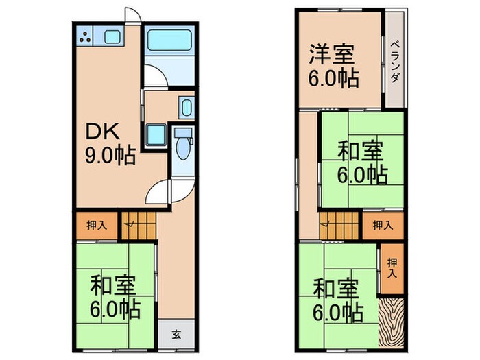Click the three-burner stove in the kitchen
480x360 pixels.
86,38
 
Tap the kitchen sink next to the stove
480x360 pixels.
112,37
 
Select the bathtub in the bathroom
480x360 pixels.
169,42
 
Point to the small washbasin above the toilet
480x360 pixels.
186,108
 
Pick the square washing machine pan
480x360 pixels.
156,134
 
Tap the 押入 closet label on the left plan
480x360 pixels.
96,225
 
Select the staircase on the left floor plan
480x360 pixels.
141,225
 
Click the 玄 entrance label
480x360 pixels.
176,335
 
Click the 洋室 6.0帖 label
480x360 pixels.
334,67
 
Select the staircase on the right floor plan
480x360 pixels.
339,225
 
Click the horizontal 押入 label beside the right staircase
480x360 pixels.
383,225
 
